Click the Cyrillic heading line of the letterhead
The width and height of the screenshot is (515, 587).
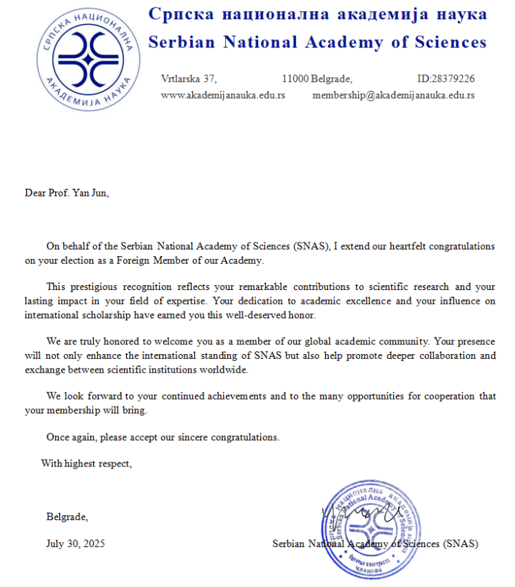317,14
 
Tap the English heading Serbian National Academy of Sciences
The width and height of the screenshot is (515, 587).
317,42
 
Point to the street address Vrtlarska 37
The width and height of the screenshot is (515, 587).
189,79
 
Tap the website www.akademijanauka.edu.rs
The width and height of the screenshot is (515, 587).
222,95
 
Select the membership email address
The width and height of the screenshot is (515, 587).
393,95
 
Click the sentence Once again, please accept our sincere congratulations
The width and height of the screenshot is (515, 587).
163,437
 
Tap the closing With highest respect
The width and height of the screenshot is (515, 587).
86,463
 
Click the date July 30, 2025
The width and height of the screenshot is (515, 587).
76,544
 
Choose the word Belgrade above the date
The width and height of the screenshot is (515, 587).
67,517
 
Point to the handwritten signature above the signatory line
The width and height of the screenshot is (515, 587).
359,512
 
